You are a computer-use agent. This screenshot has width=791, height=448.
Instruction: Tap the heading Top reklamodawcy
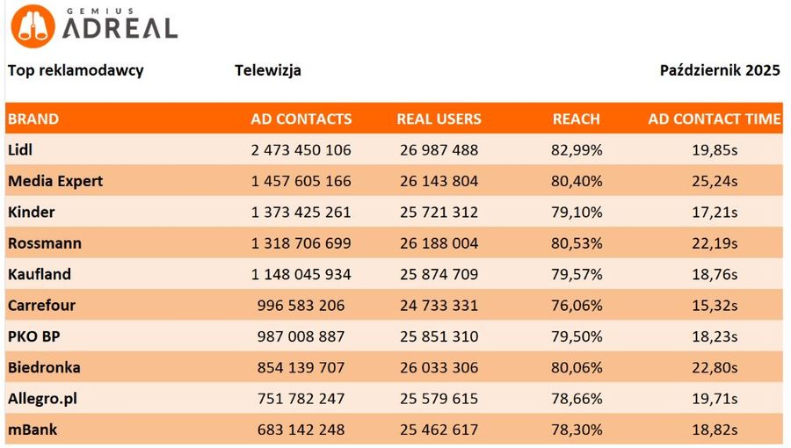[x=76, y=70]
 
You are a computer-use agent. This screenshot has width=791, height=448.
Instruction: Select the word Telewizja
[x=268, y=70]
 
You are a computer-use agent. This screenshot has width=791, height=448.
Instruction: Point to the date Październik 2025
[x=720, y=70]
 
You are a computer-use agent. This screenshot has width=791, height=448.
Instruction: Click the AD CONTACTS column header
[x=301, y=119]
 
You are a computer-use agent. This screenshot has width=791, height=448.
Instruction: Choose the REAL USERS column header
[x=439, y=119]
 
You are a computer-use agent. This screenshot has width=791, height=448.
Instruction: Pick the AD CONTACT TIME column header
[x=714, y=119]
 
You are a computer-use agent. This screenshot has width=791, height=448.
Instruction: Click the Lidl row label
[x=22, y=149]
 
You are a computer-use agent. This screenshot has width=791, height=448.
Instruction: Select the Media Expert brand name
[x=55, y=181]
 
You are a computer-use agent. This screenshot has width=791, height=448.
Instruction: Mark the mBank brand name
[x=33, y=430]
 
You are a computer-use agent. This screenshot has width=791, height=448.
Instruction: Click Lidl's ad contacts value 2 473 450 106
[x=301, y=150]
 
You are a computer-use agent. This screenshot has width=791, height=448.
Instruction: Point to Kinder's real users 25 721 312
[x=439, y=212]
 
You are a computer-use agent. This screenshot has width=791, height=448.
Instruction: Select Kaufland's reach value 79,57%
[x=577, y=274]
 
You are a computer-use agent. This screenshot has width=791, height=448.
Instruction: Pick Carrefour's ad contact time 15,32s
[x=714, y=306]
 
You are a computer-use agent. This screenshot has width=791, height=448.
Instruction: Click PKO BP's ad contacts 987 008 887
[x=301, y=336]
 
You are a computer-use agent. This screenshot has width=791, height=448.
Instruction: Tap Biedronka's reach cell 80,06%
[x=577, y=367]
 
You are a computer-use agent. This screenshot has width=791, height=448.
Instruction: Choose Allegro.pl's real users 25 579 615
[x=439, y=399]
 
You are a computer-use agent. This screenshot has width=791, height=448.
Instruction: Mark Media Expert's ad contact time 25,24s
[x=714, y=181]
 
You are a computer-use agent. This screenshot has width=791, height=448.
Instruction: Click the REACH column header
[x=576, y=119]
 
